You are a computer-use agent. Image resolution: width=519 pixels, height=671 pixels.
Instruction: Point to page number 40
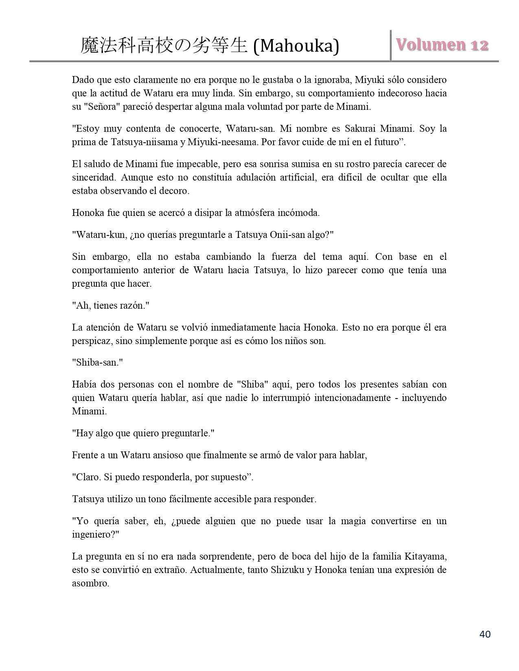pos(485,634)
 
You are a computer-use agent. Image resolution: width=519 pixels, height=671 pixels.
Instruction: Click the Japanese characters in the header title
pos(164,46)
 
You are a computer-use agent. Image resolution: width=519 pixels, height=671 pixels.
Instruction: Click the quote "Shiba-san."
pos(97,362)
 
